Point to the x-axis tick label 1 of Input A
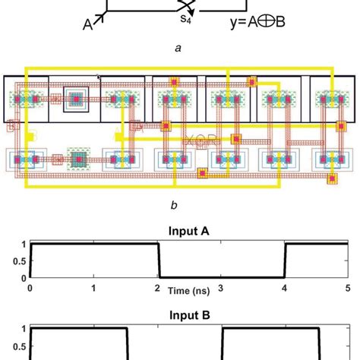point(93,289)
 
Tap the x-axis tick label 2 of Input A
point(157,289)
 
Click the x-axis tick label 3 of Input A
point(221,289)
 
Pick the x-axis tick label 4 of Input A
point(284,289)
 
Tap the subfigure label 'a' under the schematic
point(178,47)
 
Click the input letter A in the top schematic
point(88,23)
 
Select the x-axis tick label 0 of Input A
point(30,289)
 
